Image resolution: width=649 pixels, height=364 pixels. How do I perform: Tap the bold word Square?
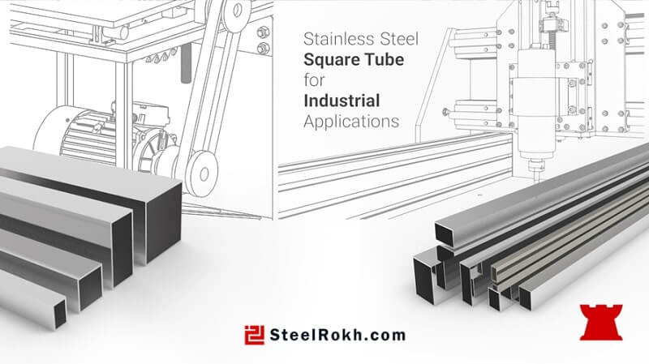pos(330,60)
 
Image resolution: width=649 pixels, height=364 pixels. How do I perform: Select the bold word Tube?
pos(383,59)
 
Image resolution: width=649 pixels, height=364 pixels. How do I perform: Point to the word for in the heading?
pos(314,80)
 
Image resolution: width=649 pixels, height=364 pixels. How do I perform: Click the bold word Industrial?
pos(342,101)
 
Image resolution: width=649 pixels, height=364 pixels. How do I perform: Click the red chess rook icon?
pos(601,322)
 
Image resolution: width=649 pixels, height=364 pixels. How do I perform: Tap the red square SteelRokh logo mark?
pos(254,335)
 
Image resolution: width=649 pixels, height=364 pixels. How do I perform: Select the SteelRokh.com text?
pos(337,335)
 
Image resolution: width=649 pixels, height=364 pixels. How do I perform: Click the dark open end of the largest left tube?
pos(164,223)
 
